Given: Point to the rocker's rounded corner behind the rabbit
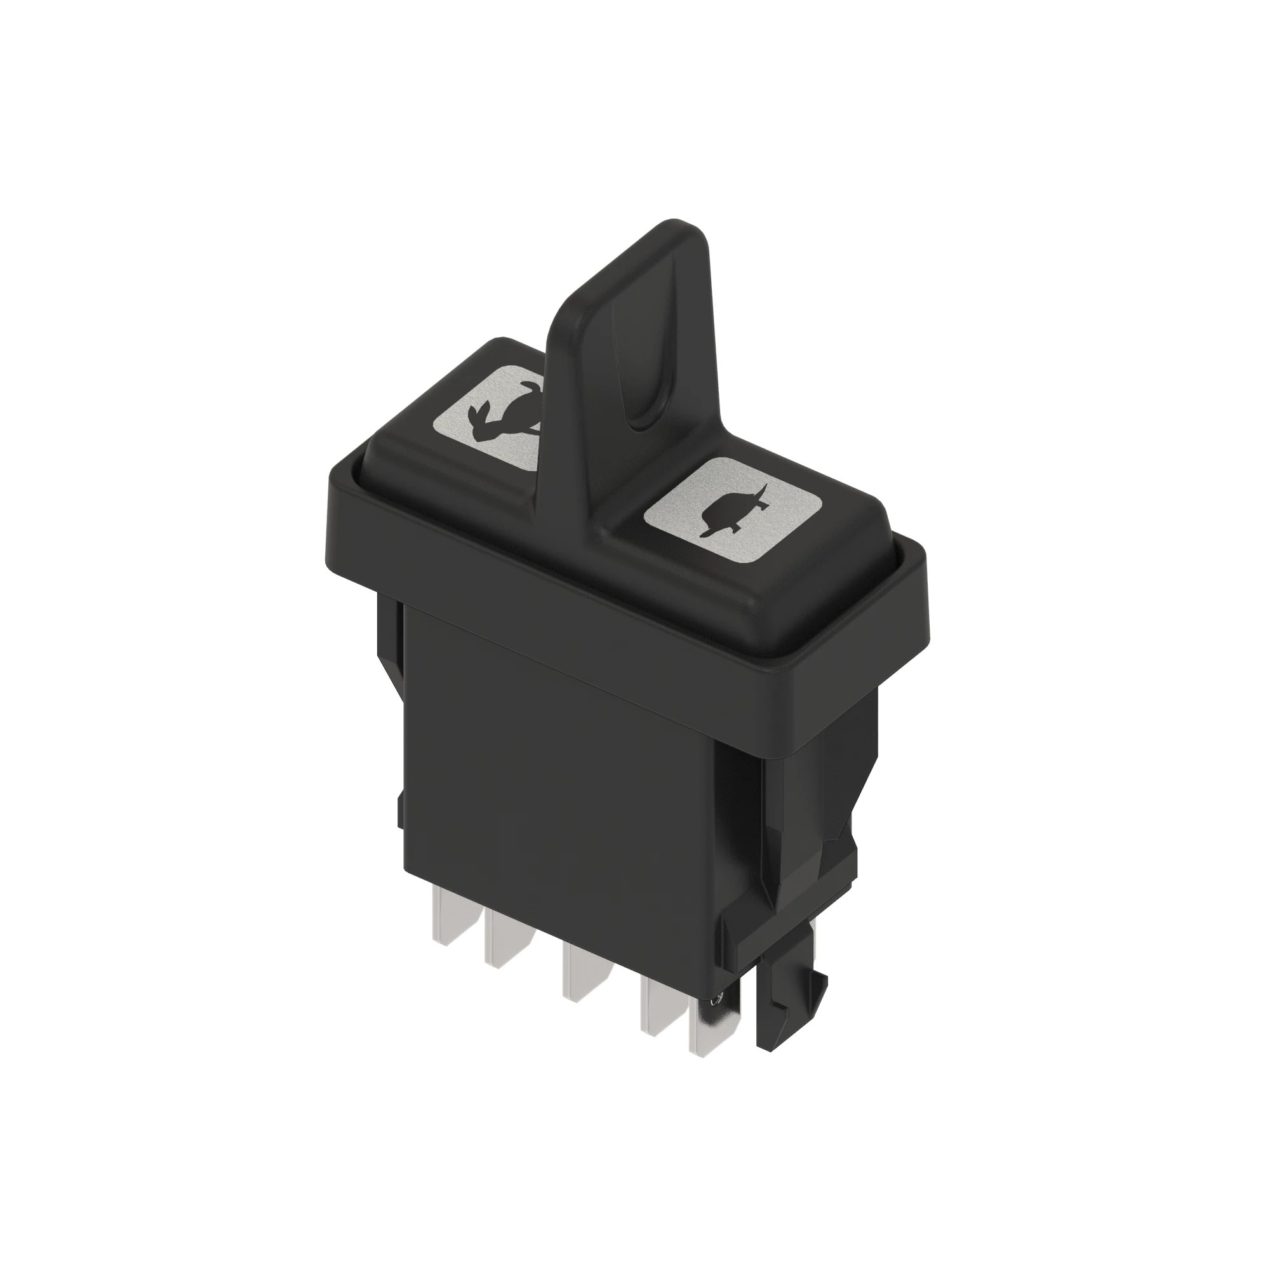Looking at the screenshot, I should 503,342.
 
